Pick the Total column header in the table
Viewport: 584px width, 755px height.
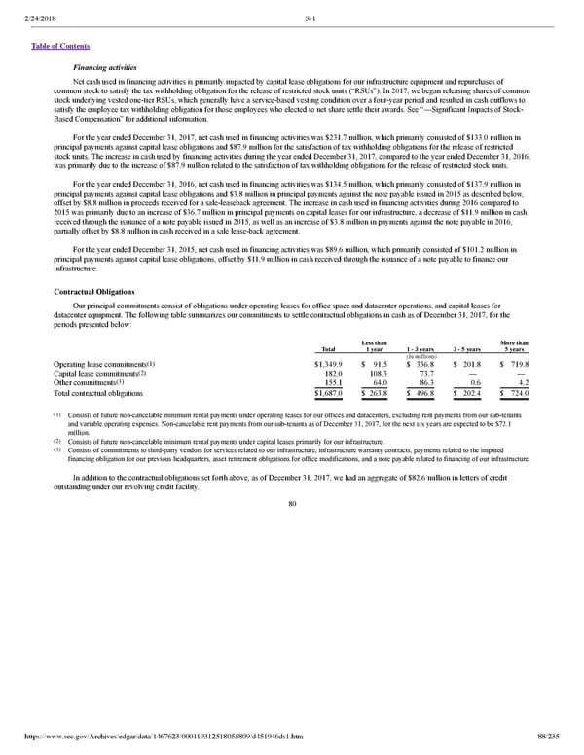[328, 350]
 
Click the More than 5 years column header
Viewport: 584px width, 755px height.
[514, 346]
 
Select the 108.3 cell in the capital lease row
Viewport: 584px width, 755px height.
[375, 374]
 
